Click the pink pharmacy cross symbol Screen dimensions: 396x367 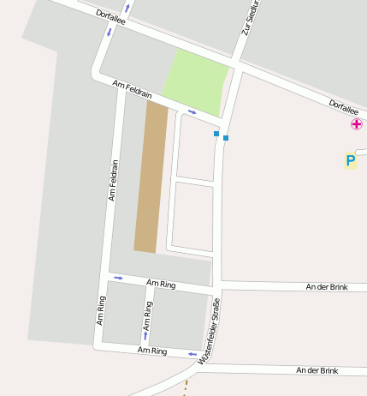pyautogui.click(x=356, y=125)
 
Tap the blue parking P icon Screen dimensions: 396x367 pyautogui.click(x=350, y=160)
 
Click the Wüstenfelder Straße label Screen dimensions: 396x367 pyautogui.click(x=210, y=332)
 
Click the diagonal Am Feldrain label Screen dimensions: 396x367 pyautogui.click(x=132, y=88)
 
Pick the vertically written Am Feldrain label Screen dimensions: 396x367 pyautogui.click(x=112, y=179)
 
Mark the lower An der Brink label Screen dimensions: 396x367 pyautogui.click(x=317, y=370)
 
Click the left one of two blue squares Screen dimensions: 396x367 pyautogui.click(x=216, y=133)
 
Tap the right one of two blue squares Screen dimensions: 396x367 pyautogui.click(x=226, y=137)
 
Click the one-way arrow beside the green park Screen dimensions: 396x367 pyautogui.click(x=192, y=111)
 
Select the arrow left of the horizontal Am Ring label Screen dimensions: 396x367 pyautogui.click(x=118, y=278)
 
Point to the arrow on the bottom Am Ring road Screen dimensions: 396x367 pyautogui.click(x=192, y=353)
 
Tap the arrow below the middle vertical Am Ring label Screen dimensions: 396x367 pyautogui.click(x=145, y=335)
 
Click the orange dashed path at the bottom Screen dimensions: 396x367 pyautogui.click(x=184, y=387)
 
